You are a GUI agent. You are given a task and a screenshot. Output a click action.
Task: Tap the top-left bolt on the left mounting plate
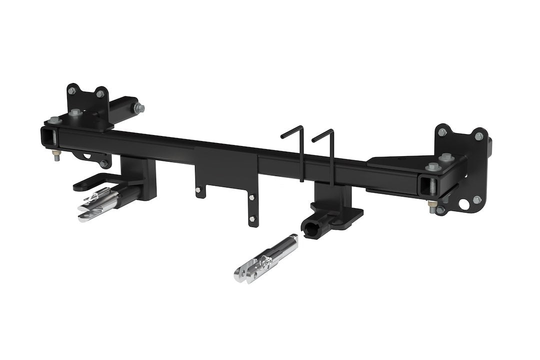click(72, 90)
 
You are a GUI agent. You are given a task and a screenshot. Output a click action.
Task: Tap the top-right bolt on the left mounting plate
click(100, 93)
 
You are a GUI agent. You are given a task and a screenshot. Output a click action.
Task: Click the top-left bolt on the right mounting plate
click(442, 132)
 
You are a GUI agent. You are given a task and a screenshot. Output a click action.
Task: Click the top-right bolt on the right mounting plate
click(478, 136)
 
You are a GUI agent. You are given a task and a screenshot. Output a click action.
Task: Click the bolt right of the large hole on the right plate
click(478, 199)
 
